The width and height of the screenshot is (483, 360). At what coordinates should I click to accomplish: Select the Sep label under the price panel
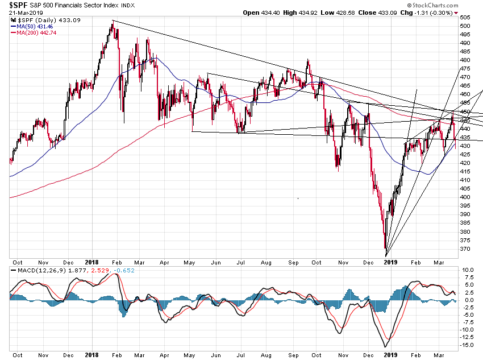click(x=293, y=261)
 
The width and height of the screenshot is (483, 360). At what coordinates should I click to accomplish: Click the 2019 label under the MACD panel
click(x=391, y=354)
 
